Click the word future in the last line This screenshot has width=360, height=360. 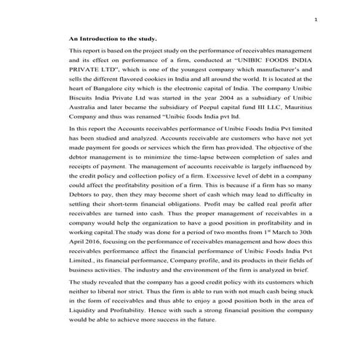[x=205, y=339]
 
